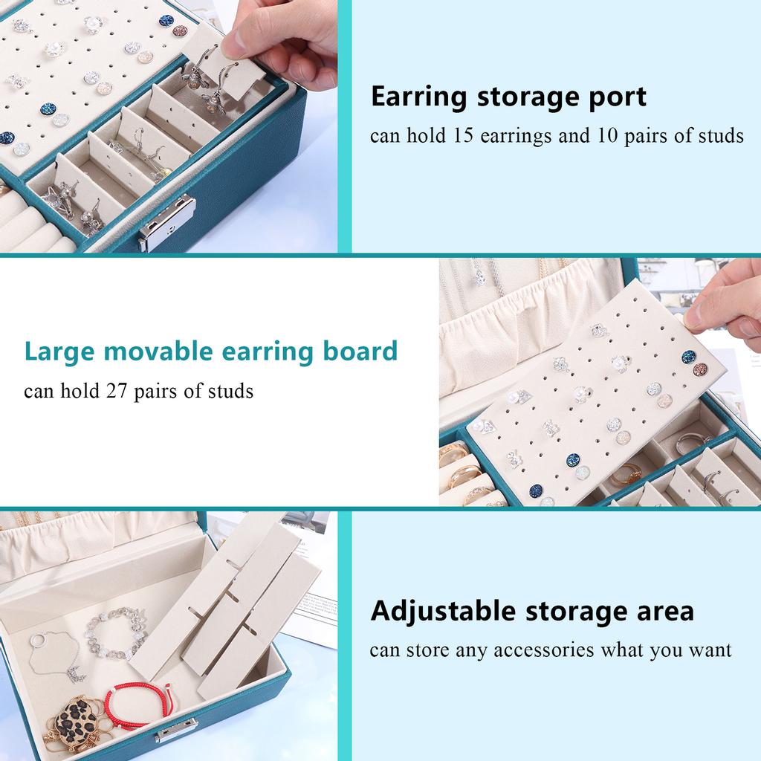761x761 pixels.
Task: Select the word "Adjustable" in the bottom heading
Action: [444, 611]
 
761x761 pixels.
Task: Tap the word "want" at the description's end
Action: [707, 650]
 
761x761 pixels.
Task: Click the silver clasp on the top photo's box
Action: [166, 223]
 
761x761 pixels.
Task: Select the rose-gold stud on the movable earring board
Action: [700, 369]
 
